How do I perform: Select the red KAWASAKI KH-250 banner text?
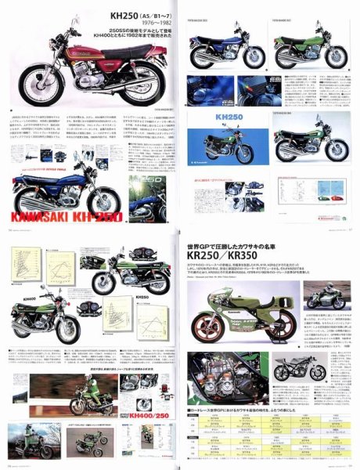tap(59, 215)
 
